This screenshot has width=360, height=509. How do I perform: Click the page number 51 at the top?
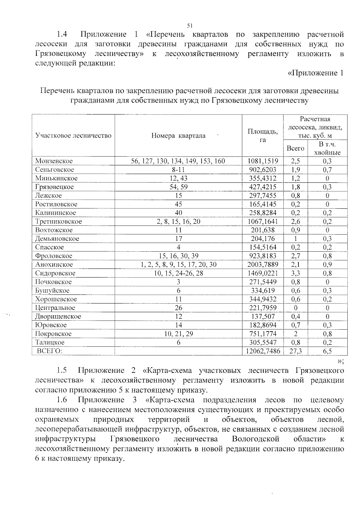pos(189,25)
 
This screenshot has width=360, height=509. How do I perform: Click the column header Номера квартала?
pos(178,136)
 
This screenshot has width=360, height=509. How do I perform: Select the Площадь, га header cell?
pos(262,136)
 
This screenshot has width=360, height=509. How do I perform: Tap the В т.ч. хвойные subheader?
pos(327,148)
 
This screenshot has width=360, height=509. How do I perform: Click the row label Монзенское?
pos(54,161)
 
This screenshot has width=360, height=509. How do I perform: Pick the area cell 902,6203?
pos(262,169)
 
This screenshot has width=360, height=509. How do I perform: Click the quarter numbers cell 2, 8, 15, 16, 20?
pos(178,221)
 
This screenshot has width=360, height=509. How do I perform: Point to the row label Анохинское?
pos(54,265)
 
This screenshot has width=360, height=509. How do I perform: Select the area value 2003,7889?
pos(262,265)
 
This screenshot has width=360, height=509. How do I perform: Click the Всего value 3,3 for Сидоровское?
pos(295,273)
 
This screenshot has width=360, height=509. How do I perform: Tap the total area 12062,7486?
pos(262,351)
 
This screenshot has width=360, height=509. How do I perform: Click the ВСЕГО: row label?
pos(49,351)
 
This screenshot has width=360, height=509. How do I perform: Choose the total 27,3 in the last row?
pos(295,351)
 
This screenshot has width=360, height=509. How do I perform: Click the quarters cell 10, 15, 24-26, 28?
pos(178,273)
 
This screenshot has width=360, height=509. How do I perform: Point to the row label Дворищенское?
pos(58,316)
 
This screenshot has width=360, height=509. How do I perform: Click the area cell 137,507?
pos(262,316)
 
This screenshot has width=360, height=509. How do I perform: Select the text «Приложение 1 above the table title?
pos(315,73)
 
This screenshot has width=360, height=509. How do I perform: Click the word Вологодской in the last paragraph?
pos(256,439)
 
